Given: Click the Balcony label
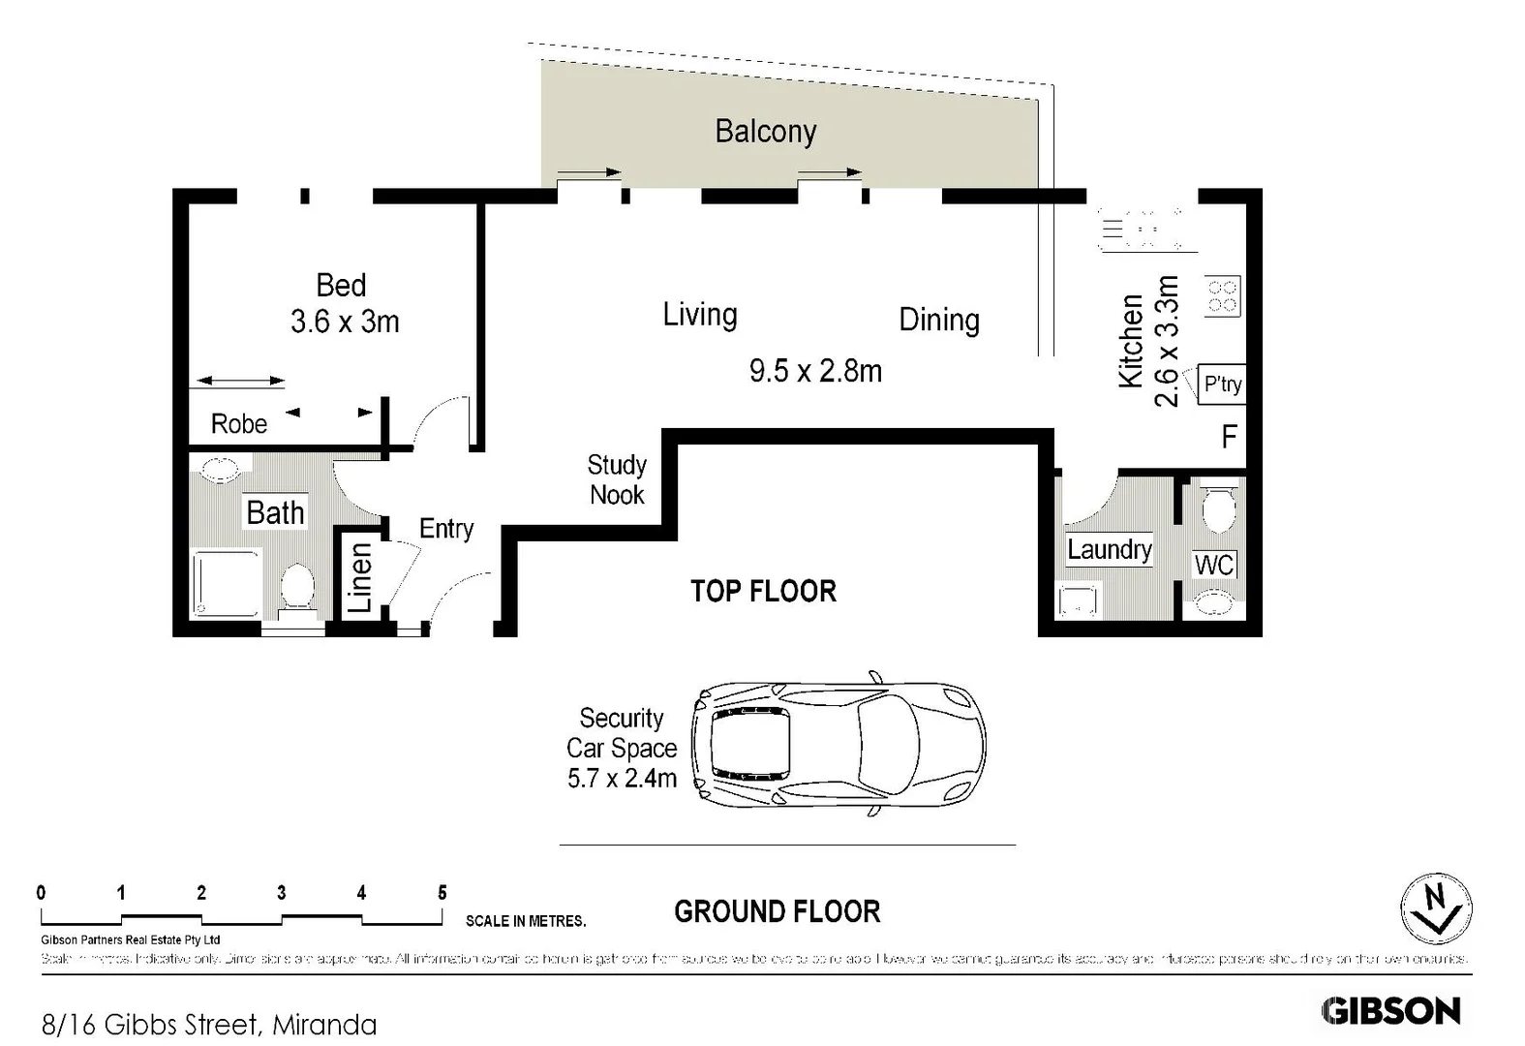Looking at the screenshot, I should [765, 132].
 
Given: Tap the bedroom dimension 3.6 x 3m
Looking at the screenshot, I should [345, 322].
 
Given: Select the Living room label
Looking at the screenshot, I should [699, 315].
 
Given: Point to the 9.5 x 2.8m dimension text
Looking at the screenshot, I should [815, 371].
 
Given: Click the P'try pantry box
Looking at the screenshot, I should [1221, 385].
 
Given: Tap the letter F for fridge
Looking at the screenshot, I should [1229, 437].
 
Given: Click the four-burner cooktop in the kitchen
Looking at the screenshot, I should [1222, 296].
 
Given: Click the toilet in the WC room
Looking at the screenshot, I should [1217, 509].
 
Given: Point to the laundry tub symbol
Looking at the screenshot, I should [1078, 600].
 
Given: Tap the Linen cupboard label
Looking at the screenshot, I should [360, 577].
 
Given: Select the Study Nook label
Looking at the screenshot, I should [617, 479].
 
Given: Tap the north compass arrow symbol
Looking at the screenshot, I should [1437, 908].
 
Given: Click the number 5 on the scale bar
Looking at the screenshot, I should [442, 893].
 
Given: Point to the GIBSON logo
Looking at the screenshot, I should [1390, 1011].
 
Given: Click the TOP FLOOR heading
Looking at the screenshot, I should [763, 591].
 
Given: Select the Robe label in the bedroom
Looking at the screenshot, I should [239, 424].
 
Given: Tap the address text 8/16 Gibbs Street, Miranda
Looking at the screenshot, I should [209, 1024].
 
